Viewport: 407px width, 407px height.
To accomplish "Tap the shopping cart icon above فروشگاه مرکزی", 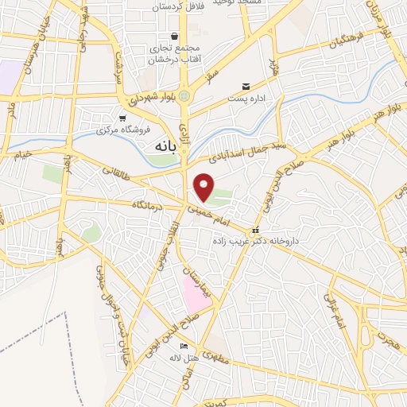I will click(x=122, y=117).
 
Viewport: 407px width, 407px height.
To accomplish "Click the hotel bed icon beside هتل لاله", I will click(x=184, y=346).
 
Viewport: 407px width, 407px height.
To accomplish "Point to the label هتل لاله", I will click(x=200, y=357).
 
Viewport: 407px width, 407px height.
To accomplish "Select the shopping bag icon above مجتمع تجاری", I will click(x=174, y=36).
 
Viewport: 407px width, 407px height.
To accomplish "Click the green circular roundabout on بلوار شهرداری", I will click(x=184, y=96).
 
